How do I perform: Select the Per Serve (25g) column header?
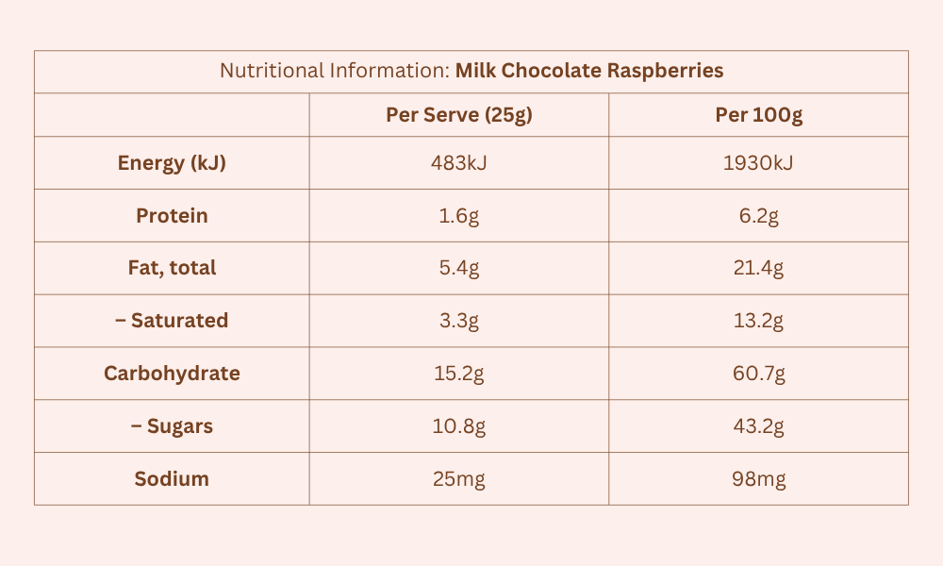tap(458, 115)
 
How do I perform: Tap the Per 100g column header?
tap(758, 115)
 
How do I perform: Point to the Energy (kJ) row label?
tap(172, 163)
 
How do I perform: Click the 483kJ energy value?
tap(458, 163)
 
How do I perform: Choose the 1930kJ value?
tap(758, 163)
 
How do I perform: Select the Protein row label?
tap(172, 216)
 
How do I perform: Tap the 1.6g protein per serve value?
tap(458, 216)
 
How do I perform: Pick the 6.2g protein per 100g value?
tap(758, 216)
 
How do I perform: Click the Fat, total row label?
tap(172, 268)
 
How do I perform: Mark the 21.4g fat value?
tap(758, 268)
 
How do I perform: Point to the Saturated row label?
tap(172, 321)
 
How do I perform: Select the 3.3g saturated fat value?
tap(458, 321)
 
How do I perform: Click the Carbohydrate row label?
tap(172, 374)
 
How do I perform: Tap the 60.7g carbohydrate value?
tap(758, 374)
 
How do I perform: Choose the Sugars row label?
tap(172, 426)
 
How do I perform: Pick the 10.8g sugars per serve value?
tap(458, 426)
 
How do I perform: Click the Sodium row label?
tap(172, 479)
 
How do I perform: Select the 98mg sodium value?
tap(758, 479)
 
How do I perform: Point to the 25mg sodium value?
tap(458, 479)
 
